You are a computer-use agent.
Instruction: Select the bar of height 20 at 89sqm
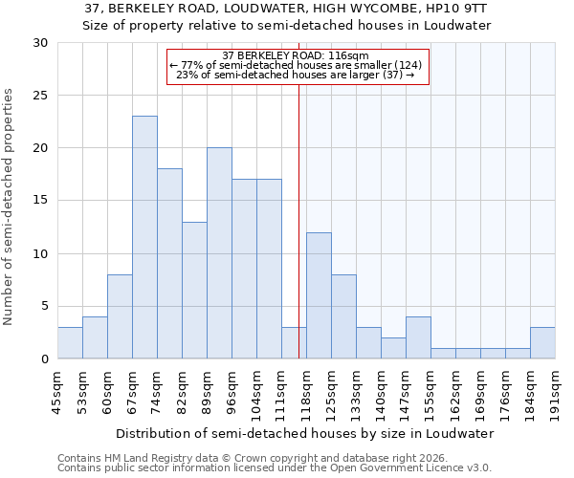click(219, 253)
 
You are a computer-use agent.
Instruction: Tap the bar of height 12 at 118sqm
click(319, 295)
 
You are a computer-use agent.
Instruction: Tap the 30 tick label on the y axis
click(39, 43)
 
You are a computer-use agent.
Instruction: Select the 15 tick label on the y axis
click(39, 201)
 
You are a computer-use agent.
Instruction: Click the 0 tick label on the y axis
click(43, 358)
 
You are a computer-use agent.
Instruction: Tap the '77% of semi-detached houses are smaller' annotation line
click(296, 65)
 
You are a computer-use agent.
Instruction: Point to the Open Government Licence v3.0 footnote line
click(275, 468)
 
